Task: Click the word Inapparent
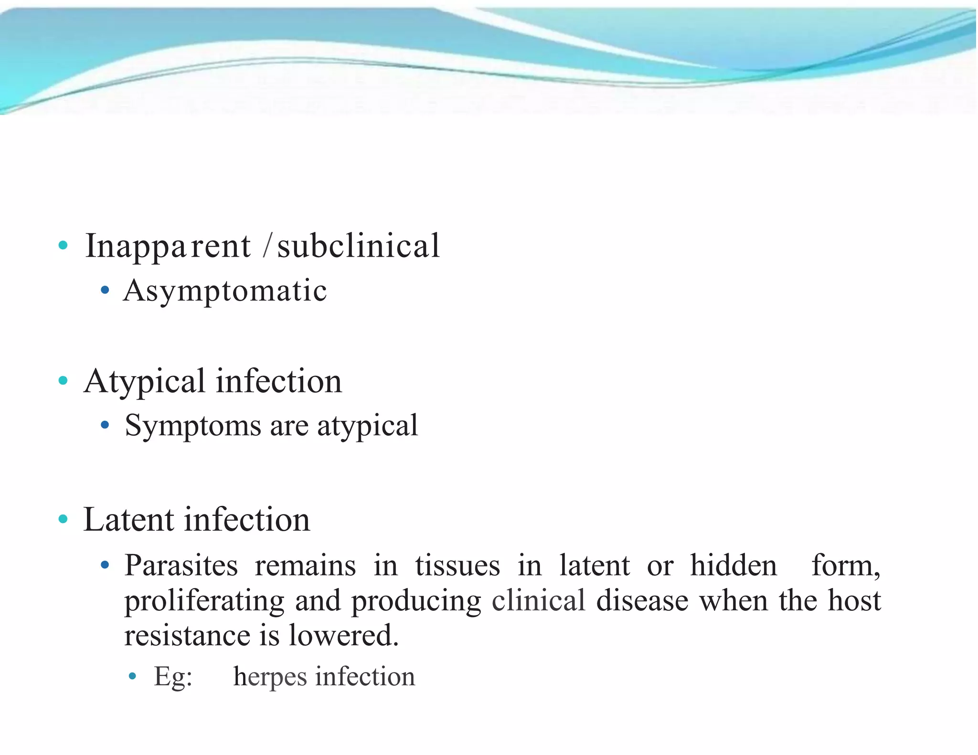168,247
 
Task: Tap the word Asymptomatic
225,291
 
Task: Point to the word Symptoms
193,425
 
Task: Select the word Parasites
181,566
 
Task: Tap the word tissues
457,566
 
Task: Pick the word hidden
733,566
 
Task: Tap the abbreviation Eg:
173,677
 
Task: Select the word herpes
270,677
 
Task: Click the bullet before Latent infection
63,519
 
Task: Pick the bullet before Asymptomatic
105,290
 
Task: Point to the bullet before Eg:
133,676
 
